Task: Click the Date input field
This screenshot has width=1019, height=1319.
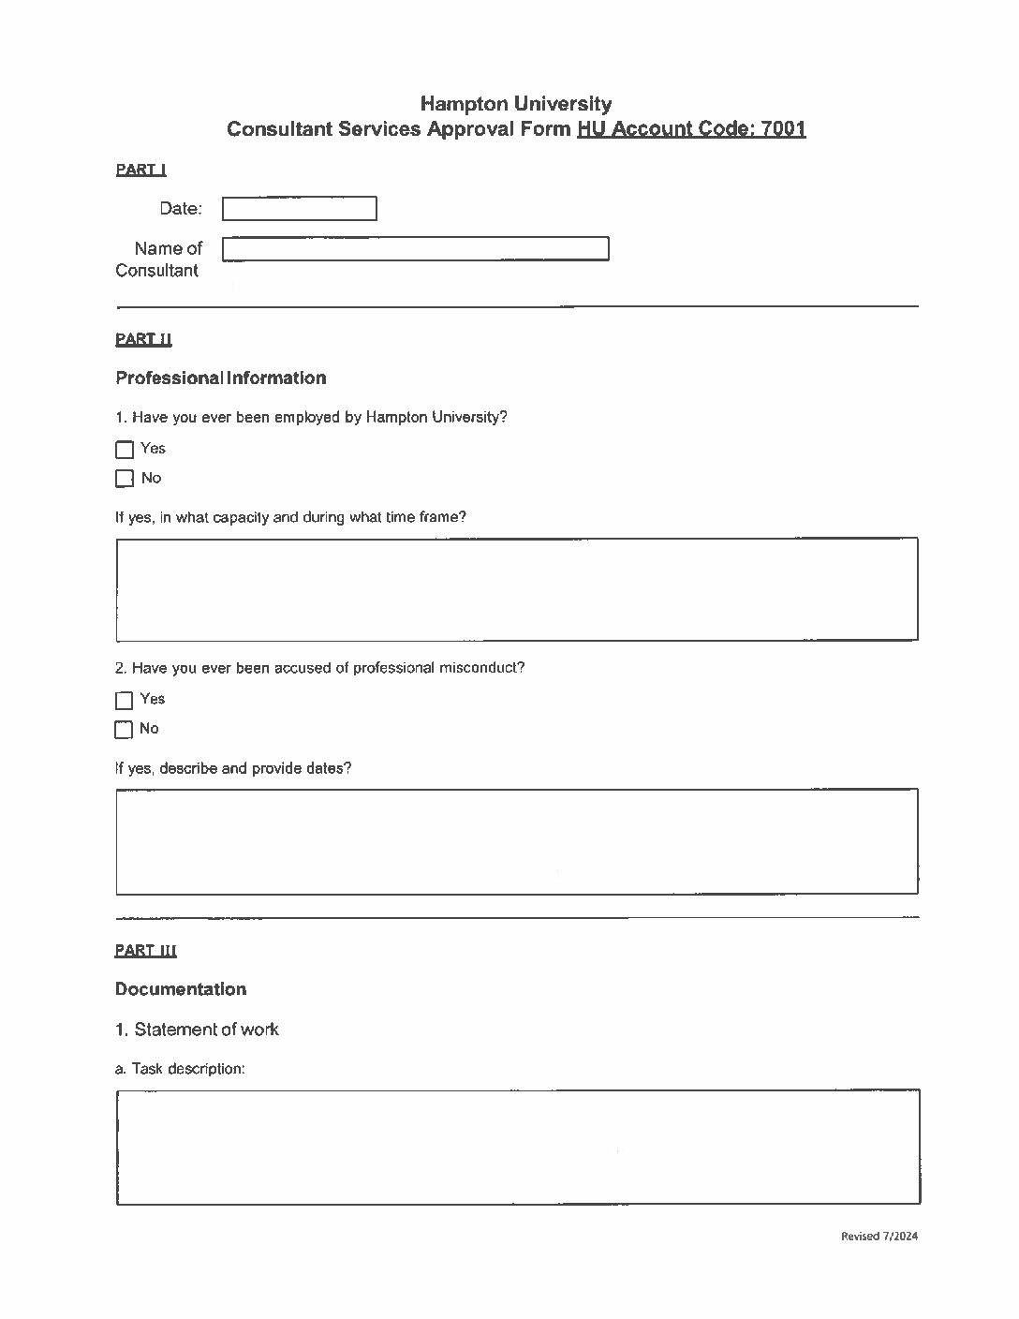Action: click(299, 209)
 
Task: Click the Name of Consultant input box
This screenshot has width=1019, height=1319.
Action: click(415, 249)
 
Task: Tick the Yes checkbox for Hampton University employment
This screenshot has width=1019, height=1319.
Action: click(125, 450)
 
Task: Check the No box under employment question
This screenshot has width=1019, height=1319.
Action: click(125, 479)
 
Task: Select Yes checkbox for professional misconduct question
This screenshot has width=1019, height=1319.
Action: click(125, 701)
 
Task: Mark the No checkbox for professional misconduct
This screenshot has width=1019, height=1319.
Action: click(125, 730)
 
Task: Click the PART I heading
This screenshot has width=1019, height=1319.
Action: click(140, 170)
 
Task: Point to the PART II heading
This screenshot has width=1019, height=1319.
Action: click(143, 339)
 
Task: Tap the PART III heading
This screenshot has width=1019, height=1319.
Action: click(145, 951)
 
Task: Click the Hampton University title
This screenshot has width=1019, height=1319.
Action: click(515, 104)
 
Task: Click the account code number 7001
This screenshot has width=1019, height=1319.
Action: click(783, 129)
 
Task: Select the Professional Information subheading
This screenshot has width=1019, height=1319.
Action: click(220, 378)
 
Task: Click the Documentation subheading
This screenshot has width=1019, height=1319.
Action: click(181, 989)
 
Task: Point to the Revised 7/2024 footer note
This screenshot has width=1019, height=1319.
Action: click(879, 1237)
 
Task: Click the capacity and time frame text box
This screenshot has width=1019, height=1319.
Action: click(516, 588)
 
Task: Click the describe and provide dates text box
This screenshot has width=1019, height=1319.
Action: click(516, 841)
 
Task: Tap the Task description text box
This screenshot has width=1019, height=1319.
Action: click(517, 1147)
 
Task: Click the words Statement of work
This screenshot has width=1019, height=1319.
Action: click(206, 1030)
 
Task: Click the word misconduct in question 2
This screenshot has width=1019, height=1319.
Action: click(481, 668)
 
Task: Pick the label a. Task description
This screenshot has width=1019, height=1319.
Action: click(180, 1069)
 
